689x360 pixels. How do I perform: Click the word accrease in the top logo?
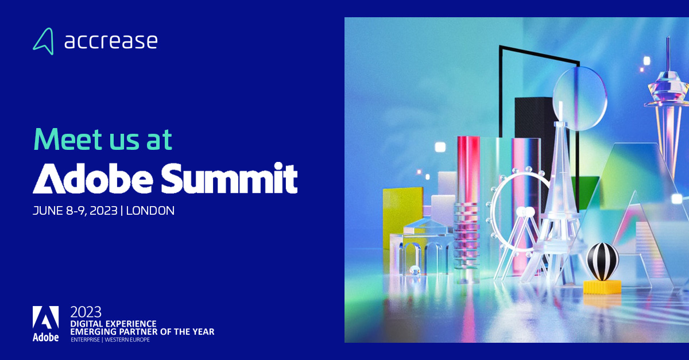point(110,41)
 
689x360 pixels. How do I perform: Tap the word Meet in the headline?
point(66,139)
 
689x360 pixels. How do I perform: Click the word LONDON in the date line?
point(150,211)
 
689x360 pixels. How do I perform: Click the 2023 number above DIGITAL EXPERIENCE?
point(86,312)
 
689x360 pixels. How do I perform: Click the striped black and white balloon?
point(601,261)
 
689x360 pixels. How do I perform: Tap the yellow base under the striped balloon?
point(602,286)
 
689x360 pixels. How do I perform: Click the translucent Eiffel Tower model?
point(555,207)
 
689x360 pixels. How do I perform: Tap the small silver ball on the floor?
point(411,270)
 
